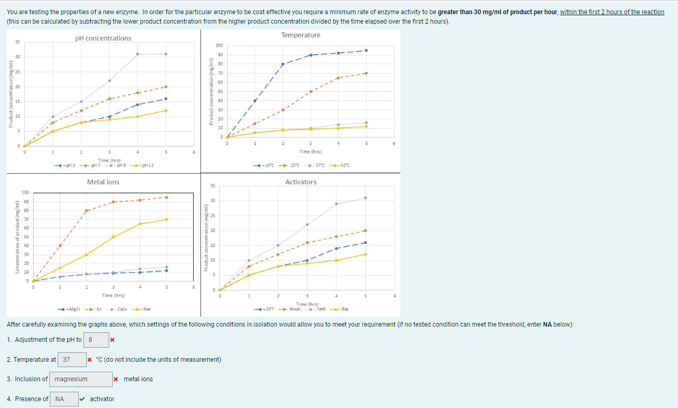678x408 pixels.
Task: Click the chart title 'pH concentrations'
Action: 103,38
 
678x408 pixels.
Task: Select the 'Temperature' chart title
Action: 301,35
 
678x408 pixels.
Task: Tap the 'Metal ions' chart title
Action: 103,182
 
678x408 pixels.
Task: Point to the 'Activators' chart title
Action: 301,182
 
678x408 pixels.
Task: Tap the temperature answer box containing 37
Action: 72,360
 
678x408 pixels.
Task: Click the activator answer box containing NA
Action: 64,399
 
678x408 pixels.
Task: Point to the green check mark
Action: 83,399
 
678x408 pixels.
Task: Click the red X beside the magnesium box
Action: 115,379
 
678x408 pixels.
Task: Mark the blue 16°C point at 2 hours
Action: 283,64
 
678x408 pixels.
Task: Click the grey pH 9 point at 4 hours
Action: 137,54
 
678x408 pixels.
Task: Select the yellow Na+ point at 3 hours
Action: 113,237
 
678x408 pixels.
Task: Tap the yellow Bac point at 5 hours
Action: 365,254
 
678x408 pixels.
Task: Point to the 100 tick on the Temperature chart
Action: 219,46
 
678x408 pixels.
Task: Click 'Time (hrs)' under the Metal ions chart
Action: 113,296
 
